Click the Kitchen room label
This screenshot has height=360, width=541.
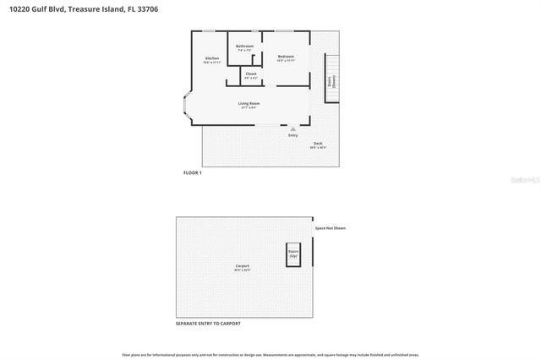(212, 58)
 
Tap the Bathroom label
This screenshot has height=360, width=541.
(244, 46)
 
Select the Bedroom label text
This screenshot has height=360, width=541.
(286, 57)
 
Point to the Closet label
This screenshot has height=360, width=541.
(250, 74)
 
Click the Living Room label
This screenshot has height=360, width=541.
(248, 104)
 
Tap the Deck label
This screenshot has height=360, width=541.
(318, 144)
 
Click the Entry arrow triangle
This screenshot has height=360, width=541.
(293, 129)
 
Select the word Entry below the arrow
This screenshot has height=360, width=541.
(293, 135)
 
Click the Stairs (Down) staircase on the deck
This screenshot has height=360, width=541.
(332, 79)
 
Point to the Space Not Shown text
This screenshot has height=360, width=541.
(331, 228)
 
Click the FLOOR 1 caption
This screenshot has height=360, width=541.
(193, 172)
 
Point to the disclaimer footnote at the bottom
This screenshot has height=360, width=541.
(270, 354)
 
